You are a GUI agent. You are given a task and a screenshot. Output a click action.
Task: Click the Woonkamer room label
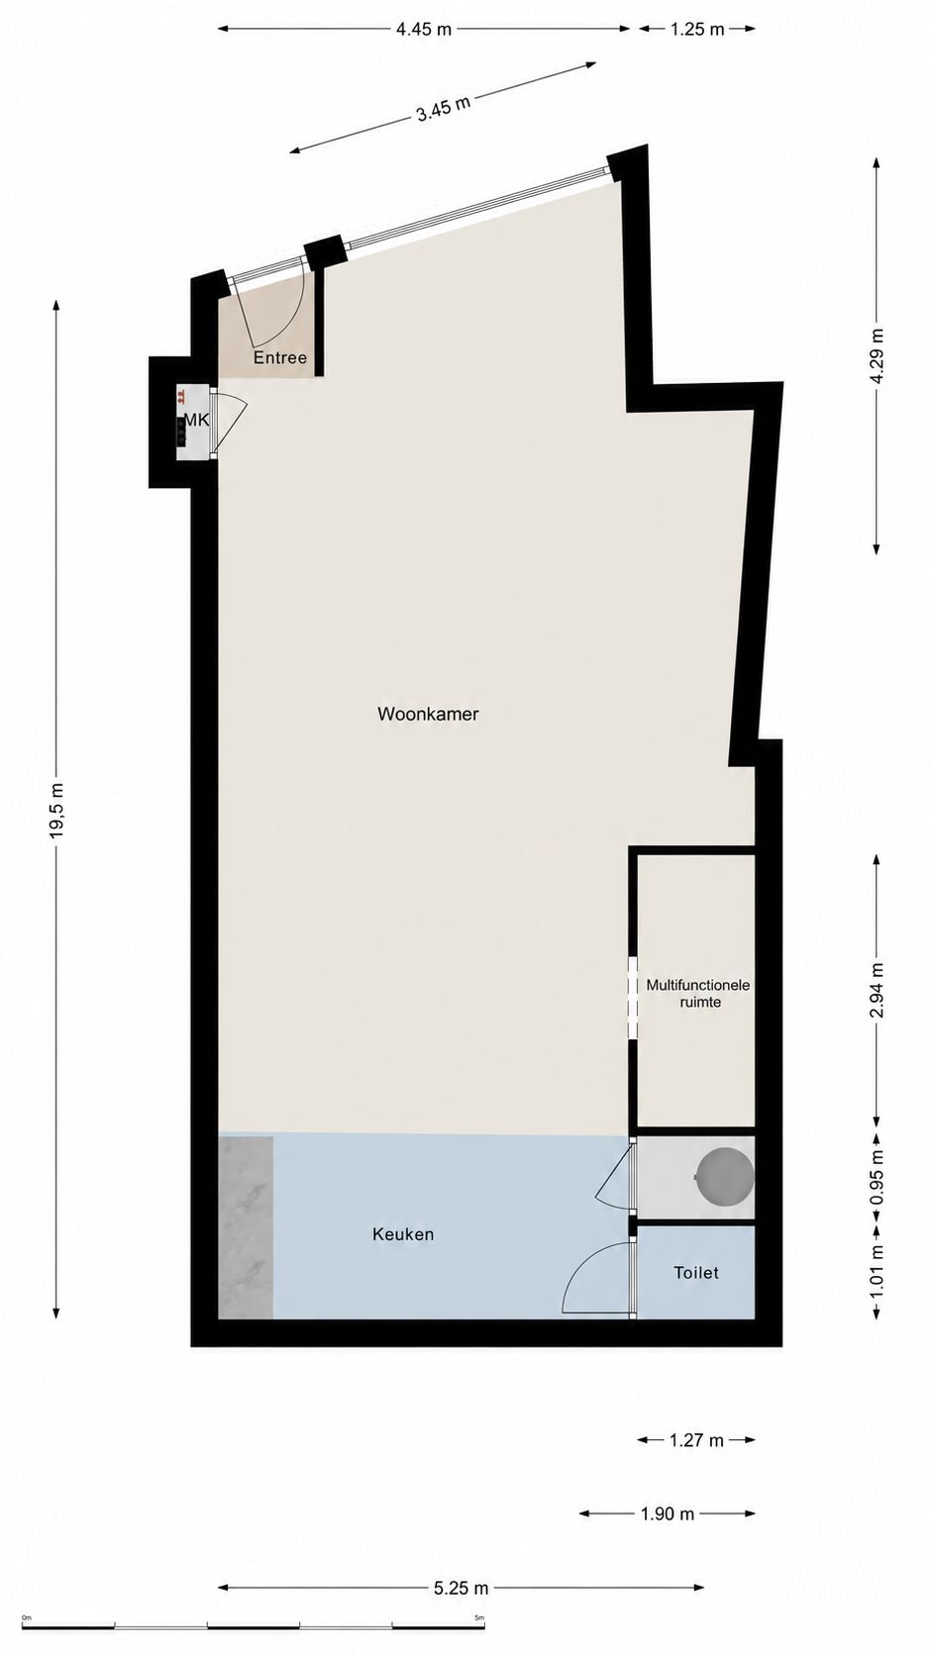(428, 715)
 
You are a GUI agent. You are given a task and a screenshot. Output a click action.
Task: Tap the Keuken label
(403, 1234)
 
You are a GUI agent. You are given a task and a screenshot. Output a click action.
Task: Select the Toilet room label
(695, 1273)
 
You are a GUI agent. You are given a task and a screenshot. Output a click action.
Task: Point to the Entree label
(279, 358)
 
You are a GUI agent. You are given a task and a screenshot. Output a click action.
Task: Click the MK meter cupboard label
(196, 421)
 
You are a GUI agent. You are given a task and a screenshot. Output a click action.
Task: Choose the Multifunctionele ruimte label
(697, 994)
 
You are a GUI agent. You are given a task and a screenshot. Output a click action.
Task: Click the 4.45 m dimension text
(424, 30)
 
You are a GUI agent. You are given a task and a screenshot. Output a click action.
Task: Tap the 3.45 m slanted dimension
(443, 109)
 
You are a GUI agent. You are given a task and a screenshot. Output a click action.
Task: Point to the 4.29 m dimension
(877, 355)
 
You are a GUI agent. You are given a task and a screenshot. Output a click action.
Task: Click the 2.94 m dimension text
(877, 990)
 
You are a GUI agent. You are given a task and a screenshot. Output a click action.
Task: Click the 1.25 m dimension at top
(697, 30)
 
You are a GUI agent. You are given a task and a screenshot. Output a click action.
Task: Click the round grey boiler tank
(725, 1177)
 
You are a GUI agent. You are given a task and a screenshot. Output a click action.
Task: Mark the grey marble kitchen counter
(246, 1227)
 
